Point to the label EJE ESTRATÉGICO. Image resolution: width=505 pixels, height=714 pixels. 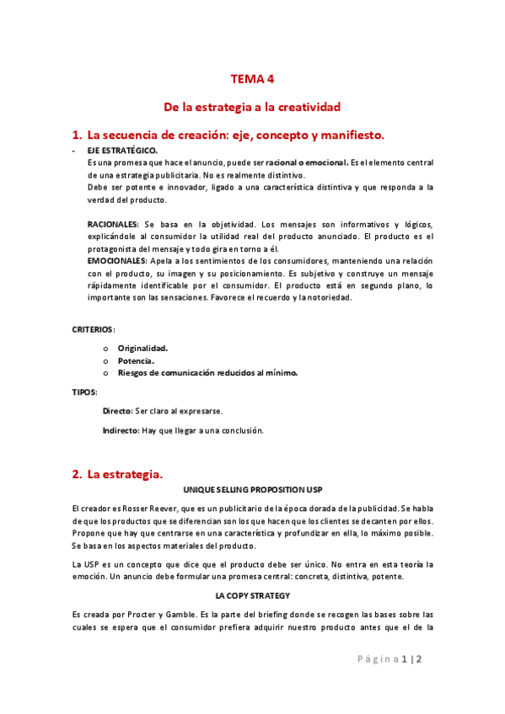click(x=121, y=150)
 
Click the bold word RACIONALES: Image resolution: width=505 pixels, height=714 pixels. click(x=113, y=226)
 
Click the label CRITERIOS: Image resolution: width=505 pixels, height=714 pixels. click(x=94, y=328)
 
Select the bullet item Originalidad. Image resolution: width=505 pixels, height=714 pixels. click(x=142, y=348)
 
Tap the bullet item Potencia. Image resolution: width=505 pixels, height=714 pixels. click(x=137, y=360)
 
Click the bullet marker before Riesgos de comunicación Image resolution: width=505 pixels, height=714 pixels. click(x=105, y=373)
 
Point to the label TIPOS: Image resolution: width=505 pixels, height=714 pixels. click(x=84, y=392)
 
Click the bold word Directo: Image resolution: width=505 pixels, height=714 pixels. click(x=117, y=411)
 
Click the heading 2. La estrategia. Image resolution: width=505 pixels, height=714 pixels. click(x=117, y=474)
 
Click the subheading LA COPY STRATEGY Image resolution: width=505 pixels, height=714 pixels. click(x=253, y=596)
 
